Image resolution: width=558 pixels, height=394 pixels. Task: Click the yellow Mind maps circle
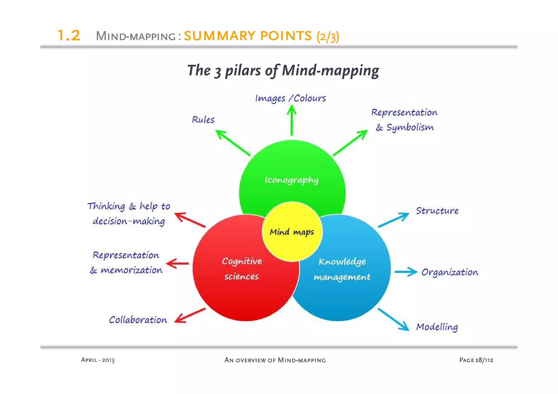click(x=292, y=232)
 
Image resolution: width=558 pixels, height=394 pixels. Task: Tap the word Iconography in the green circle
click(x=292, y=180)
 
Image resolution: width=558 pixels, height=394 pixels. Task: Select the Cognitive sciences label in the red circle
click(x=242, y=268)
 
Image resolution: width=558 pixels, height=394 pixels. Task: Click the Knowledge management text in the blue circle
click(x=342, y=269)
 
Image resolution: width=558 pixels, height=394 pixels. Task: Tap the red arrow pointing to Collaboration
click(x=190, y=316)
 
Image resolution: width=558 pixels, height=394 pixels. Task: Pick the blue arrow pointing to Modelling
click(x=394, y=320)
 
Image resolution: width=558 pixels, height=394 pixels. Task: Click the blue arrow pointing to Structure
click(x=394, y=220)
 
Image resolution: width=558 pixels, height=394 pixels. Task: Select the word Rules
click(x=203, y=120)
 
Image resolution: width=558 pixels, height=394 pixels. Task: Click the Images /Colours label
click(x=290, y=98)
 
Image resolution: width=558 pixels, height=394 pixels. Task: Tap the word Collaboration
click(x=138, y=320)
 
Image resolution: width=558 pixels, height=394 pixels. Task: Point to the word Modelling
click(x=437, y=327)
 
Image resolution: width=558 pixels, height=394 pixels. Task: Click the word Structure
click(x=437, y=211)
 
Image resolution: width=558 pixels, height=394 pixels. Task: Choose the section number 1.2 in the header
click(x=69, y=35)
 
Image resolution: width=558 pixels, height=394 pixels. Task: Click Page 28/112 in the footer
click(x=476, y=360)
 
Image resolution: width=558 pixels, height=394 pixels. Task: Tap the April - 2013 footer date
click(x=98, y=360)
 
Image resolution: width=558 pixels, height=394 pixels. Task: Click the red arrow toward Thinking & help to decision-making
click(x=190, y=220)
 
